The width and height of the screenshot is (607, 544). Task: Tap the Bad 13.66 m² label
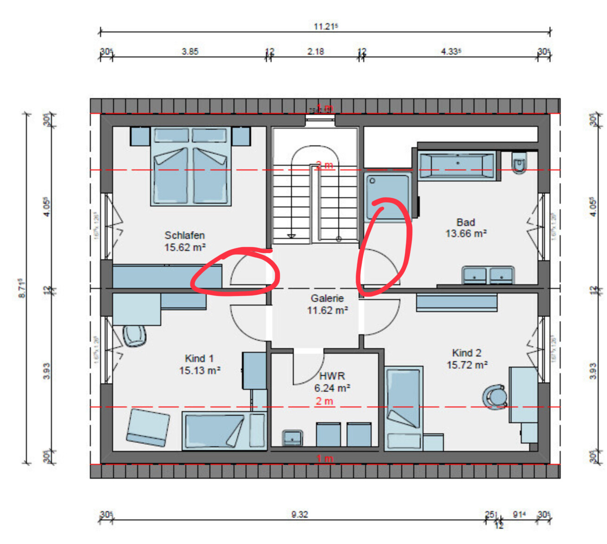click(x=466, y=228)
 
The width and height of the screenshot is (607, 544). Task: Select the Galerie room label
click(x=327, y=304)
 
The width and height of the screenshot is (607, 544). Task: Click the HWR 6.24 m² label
click(x=332, y=382)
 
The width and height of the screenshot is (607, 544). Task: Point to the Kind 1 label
click(x=199, y=364)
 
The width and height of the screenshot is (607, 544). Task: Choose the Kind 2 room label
click(x=467, y=359)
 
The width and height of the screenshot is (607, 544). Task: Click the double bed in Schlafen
click(x=190, y=174)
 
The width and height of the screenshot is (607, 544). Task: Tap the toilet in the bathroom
click(x=519, y=163)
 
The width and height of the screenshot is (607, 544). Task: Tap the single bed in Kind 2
click(x=404, y=407)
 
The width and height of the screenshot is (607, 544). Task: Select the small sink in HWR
click(x=292, y=438)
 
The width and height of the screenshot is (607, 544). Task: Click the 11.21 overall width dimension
click(x=325, y=26)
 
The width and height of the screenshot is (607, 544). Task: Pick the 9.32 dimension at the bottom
click(x=299, y=514)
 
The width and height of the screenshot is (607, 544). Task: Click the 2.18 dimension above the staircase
click(x=315, y=51)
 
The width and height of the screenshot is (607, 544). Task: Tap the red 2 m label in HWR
click(x=324, y=401)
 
